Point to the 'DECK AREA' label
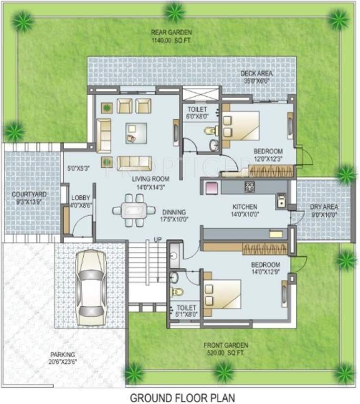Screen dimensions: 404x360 [256, 74]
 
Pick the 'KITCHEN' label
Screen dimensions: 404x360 [245, 207]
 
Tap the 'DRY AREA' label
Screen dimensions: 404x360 [323, 207]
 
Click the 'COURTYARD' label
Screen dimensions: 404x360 [29, 195]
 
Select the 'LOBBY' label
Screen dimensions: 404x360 [81, 198]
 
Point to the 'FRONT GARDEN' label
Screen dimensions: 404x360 [226, 345]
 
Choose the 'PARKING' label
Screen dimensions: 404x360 [63, 355]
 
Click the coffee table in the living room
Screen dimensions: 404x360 [133, 133]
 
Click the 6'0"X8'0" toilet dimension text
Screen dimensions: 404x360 [198, 116]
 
